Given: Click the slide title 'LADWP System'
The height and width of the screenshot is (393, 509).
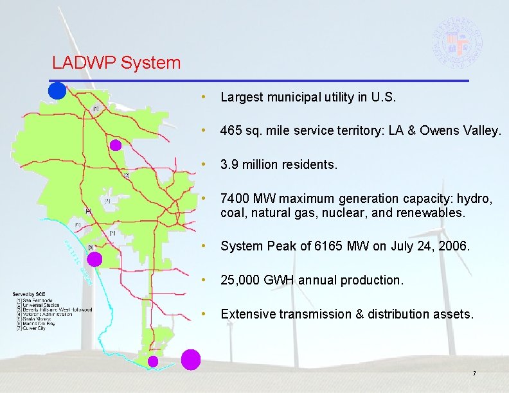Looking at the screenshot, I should pyautogui.click(x=116, y=63).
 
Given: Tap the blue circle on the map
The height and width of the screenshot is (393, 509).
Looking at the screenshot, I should pyautogui.click(x=57, y=91).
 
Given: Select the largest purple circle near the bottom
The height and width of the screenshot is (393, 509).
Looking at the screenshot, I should pyautogui.click(x=190, y=360).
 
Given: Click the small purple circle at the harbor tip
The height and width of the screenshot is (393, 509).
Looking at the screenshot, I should pyautogui.click(x=153, y=362).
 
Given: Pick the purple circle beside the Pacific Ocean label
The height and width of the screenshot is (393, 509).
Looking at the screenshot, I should pyautogui.click(x=94, y=259).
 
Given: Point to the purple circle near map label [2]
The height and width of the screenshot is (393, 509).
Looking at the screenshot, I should pyautogui.click(x=115, y=145).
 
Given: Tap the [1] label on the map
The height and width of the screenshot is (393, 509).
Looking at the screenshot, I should pyautogui.click(x=96, y=109).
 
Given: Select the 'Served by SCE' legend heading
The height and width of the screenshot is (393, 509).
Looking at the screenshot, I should pyautogui.click(x=30, y=294).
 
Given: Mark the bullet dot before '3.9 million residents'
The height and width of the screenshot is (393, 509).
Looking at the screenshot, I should pyautogui.click(x=203, y=165).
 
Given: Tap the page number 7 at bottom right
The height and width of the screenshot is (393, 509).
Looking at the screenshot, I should pyautogui.click(x=474, y=374).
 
